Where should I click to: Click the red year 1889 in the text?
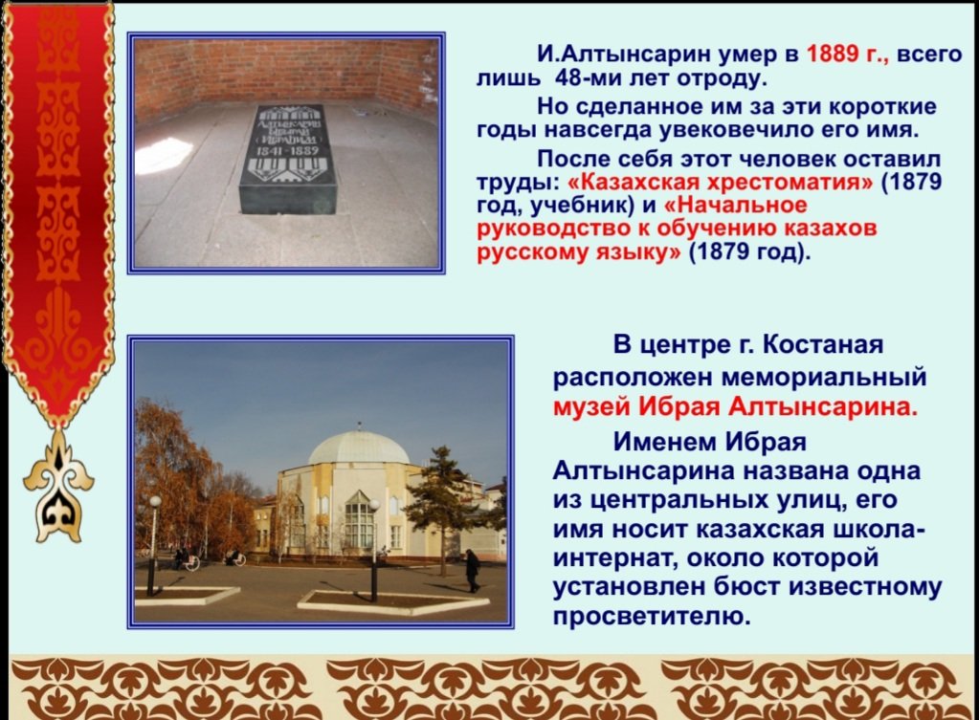tap(833, 55)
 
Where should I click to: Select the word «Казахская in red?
tap(634, 183)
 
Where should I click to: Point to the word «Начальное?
tap(736, 205)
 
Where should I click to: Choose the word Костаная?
tap(823, 344)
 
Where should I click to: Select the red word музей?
tap(591, 407)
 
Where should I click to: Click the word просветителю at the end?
tap(651, 617)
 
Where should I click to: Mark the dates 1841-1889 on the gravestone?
tap(288, 150)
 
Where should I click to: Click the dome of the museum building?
tap(358, 447)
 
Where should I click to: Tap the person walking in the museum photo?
tap(473, 570)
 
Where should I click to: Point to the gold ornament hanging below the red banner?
tap(58, 488)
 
